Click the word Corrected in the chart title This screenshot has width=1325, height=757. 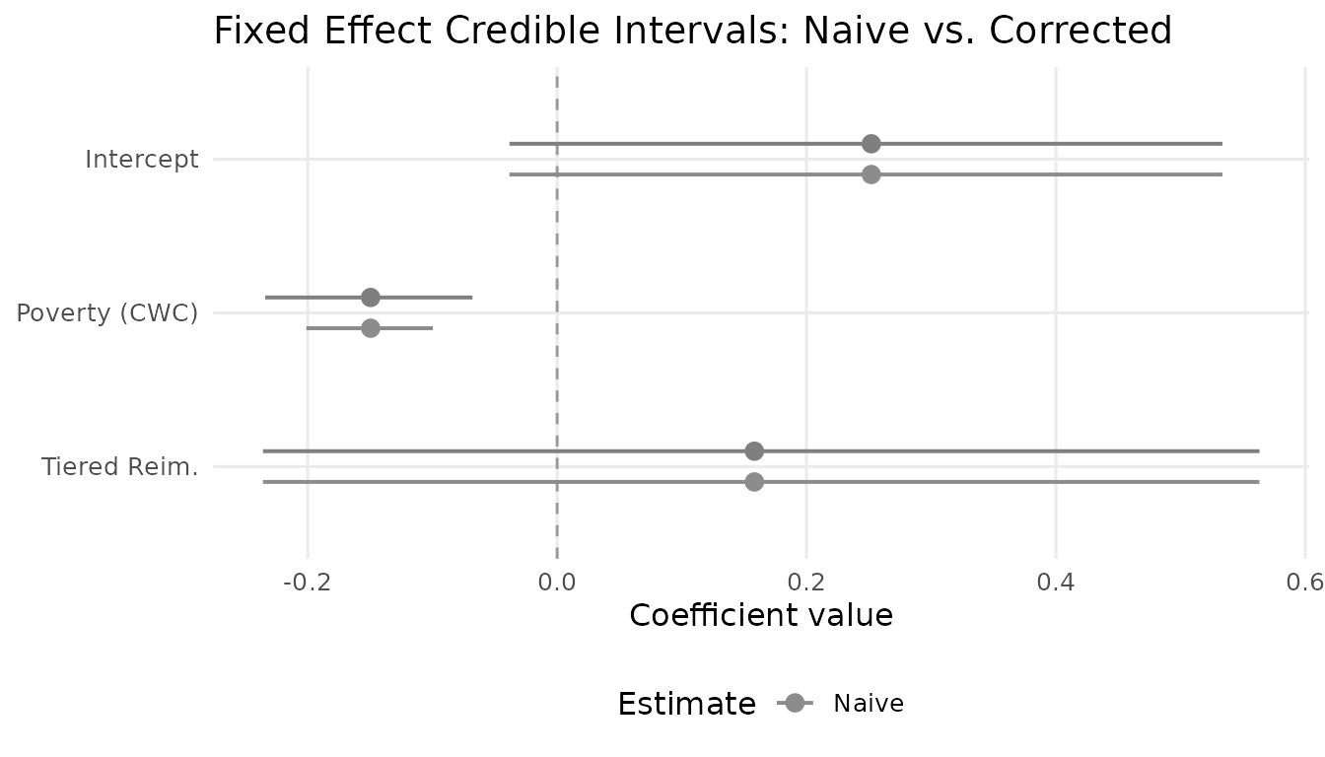tap(1081, 31)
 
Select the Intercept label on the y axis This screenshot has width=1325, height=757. tap(142, 159)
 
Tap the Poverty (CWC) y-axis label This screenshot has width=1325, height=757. tap(107, 312)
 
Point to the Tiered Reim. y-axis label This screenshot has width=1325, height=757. tap(119, 466)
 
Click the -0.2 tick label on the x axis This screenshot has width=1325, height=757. tap(307, 582)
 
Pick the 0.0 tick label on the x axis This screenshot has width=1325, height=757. tap(557, 582)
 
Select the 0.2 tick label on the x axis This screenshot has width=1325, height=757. tap(806, 582)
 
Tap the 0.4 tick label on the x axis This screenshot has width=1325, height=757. tap(1056, 582)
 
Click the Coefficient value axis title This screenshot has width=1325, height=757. tap(761, 616)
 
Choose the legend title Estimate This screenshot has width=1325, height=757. tap(686, 704)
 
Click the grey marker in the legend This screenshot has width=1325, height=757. tap(795, 703)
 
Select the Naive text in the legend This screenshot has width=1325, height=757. tap(868, 704)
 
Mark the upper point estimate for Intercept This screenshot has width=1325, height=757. tap(871, 144)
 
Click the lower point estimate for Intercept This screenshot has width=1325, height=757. tap(871, 174)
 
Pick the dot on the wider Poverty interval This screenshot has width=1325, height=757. tap(371, 298)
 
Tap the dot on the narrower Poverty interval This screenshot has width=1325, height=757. tap(371, 328)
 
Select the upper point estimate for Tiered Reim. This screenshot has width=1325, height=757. tap(754, 451)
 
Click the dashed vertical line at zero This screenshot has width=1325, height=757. tap(557, 394)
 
